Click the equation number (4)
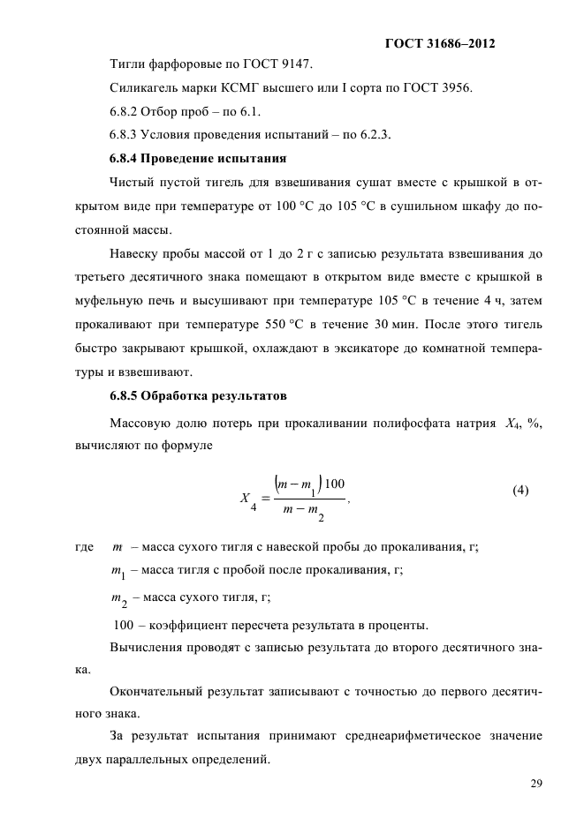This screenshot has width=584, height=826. tap(520, 490)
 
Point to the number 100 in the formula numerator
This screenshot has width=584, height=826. tap(335, 483)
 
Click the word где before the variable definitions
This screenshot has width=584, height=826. tap(85, 548)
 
